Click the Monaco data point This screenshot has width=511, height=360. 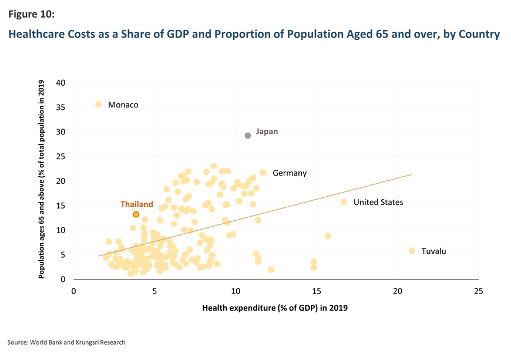99,105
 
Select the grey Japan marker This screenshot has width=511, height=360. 248,136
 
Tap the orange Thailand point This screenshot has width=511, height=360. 136,215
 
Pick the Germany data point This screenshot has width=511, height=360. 263,173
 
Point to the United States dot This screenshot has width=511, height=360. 344,202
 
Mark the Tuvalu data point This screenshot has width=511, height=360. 412,251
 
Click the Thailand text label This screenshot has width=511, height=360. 137,204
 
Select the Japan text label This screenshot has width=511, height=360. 267,132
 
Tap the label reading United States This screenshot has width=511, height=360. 378,202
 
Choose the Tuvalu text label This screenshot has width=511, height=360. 433,251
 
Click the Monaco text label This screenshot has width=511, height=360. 123,105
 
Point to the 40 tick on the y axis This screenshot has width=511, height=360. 61,82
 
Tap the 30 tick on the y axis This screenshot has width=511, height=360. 61,132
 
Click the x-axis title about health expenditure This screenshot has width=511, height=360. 276,308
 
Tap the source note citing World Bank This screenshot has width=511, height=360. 66,342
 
